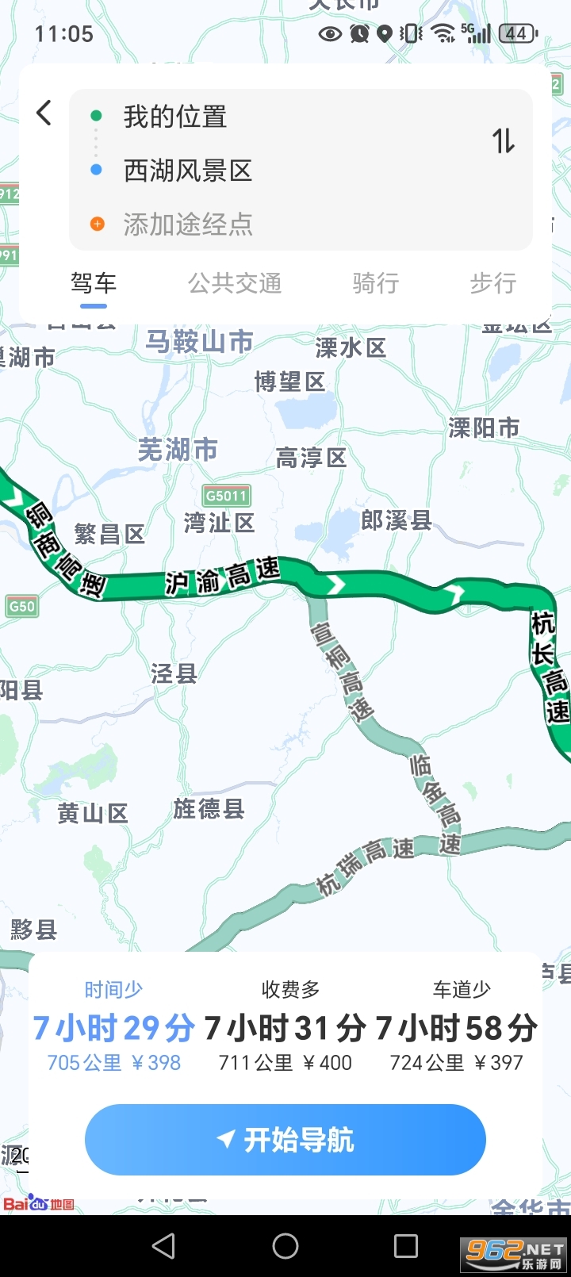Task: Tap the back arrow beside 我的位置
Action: pos(44,113)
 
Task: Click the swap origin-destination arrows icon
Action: pos(504,141)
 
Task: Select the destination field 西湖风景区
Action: pos(187,171)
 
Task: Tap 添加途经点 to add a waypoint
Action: pos(187,224)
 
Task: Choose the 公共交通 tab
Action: pos(235,283)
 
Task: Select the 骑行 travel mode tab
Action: pos(375,283)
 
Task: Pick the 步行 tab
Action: pos(492,283)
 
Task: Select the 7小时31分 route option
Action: pos(285,1029)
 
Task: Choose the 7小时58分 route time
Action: pos(456,1029)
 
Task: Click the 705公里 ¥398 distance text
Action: pos(114,1063)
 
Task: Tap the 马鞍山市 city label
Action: pos(199,342)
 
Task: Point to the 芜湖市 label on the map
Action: pos(178,450)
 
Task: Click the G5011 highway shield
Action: pos(227,496)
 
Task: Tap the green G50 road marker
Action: pos(21,606)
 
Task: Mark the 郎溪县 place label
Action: pos(396,520)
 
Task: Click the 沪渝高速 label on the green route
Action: pos(223,576)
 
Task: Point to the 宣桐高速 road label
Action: pos(342,671)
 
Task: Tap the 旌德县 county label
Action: pos(209,809)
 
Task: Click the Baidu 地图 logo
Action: pos(39,1203)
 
